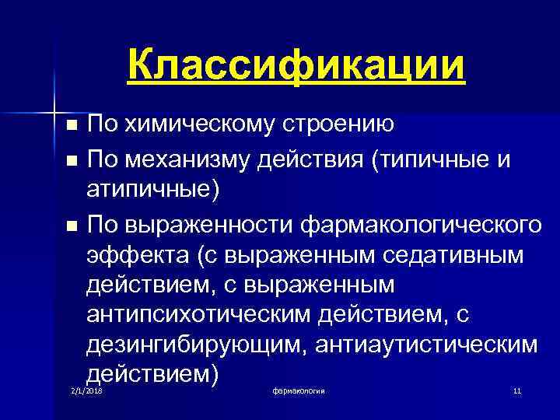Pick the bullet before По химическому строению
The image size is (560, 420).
[72, 124]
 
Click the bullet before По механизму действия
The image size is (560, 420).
[72, 161]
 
